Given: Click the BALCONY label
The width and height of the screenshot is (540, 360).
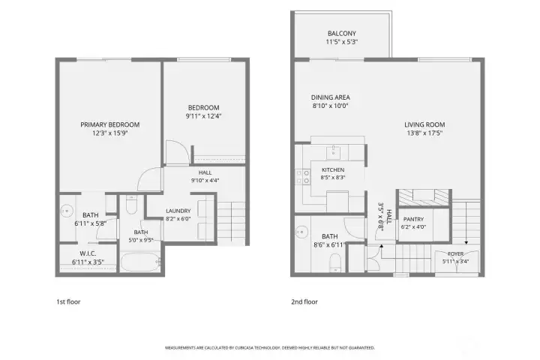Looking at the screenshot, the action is (342, 34).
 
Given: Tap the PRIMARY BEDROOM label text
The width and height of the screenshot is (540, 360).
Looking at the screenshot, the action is (109, 124).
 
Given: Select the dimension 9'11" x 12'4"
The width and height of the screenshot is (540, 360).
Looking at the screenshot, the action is (203, 116).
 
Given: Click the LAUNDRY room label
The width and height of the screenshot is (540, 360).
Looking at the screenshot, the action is (178, 211).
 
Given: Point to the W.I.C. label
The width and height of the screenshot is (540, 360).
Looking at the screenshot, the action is (88, 253).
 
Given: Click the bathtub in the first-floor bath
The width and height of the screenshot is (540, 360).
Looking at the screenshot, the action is (140, 262).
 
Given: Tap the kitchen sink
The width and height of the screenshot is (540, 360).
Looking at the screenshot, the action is (333, 151).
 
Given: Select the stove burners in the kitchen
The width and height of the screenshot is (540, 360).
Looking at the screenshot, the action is (303, 177).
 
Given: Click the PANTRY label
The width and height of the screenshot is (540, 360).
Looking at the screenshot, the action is (413, 219).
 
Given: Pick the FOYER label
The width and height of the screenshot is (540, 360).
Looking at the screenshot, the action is (455, 254).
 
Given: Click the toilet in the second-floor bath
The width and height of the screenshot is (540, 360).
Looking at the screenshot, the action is (335, 262).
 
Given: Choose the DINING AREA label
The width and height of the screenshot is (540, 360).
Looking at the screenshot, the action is (330, 97).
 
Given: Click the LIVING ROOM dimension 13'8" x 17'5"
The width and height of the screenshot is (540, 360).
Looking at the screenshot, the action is (424, 133).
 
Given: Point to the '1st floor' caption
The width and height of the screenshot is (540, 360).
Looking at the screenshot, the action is (68, 301).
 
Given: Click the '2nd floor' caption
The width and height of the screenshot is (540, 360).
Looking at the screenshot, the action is (304, 301).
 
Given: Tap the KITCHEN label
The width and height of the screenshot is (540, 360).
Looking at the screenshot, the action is (333, 169).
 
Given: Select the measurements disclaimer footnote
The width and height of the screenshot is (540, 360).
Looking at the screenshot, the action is (270, 348).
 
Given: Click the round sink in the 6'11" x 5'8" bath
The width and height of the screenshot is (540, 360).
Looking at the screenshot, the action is (66, 210).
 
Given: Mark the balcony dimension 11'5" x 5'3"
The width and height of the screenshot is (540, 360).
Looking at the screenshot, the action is (342, 42).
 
